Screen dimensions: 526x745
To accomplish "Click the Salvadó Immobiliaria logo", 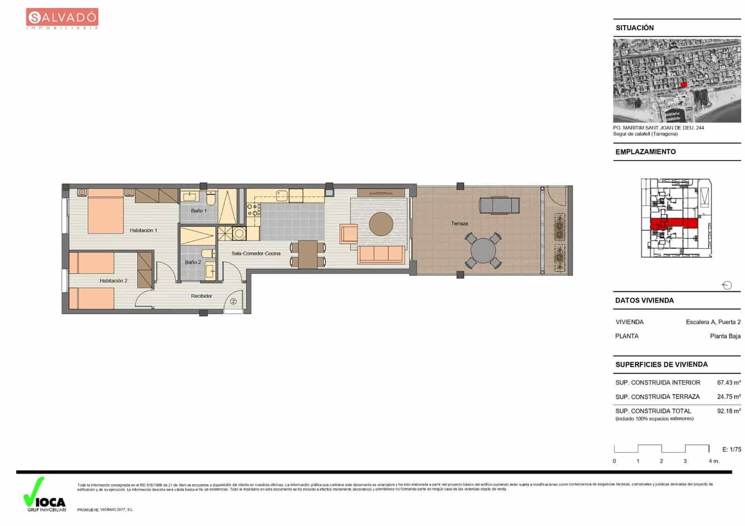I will click(62, 19).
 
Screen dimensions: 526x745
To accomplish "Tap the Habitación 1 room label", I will click(143, 230).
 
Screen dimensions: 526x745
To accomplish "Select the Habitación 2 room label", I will click(113, 281).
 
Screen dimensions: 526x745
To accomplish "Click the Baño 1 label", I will click(199, 211).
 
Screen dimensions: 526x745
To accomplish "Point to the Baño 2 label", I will click(193, 262).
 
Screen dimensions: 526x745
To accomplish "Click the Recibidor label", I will click(202, 296).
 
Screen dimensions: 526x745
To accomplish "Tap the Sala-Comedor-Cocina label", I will click(256, 254).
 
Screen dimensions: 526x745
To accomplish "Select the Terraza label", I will click(459, 224).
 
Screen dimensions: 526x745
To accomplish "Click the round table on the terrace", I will click(483, 251).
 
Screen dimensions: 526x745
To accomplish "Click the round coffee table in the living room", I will click(381, 224).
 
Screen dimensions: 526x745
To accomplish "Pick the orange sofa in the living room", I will click(381, 254).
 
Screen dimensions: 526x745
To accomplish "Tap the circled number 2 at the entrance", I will click(233, 301).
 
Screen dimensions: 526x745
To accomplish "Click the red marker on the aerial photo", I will click(684, 84).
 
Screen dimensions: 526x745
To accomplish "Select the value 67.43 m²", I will click(729, 383).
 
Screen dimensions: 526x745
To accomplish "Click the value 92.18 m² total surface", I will click(729, 411).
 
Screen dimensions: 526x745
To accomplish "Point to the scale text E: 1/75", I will click(731, 449).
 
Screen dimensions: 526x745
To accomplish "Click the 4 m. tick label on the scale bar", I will click(714, 461).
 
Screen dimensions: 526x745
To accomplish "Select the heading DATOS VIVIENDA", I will click(644, 300).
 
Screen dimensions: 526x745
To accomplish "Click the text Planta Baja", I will click(725, 336).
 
